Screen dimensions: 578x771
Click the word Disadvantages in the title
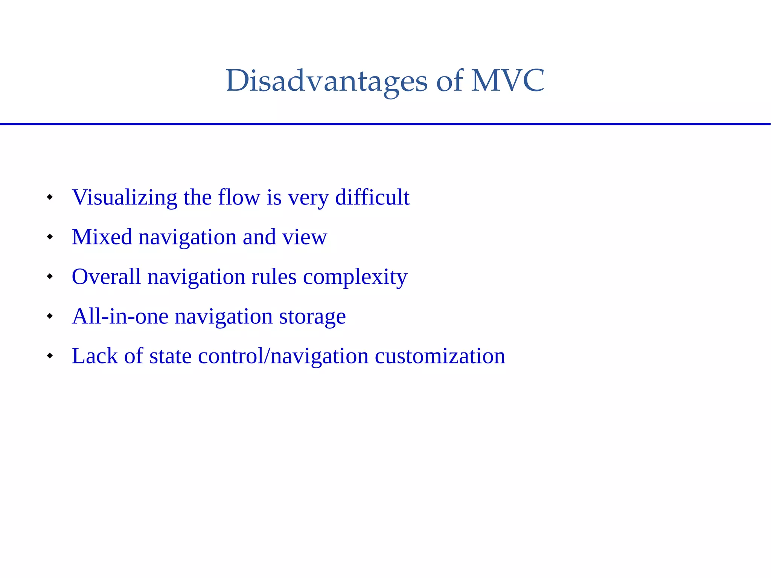(x=326, y=81)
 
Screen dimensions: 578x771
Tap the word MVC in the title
(x=507, y=81)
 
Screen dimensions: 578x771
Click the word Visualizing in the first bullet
(x=124, y=197)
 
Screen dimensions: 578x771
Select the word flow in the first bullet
(x=239, y=197)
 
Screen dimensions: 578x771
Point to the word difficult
(x=372, y=197)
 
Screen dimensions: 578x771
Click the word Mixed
(x=102, y=237)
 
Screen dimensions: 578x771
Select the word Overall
(x=106, y=277)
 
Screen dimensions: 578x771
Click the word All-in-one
(x=120, y=316)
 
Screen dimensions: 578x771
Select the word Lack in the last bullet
(x=94, y=356)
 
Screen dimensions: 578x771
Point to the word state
(x=170, y=356)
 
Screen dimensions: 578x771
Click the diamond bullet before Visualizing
(x=50, y=197)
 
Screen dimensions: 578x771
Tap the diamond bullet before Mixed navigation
(x=50, y=237)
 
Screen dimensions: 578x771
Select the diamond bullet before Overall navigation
(x=50, y=276)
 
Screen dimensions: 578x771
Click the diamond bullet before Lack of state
(x=50, y=355)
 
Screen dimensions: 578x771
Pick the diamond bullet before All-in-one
(x=50, y=316)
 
